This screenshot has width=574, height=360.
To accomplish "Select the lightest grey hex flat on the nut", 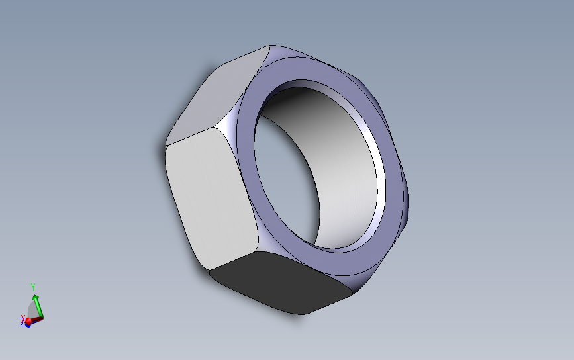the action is coord(211,198).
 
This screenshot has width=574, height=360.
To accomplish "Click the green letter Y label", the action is coord(33,287).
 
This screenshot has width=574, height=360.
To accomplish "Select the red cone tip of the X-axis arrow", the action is coord(28,320).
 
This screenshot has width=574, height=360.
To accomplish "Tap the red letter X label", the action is coord(23,318).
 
